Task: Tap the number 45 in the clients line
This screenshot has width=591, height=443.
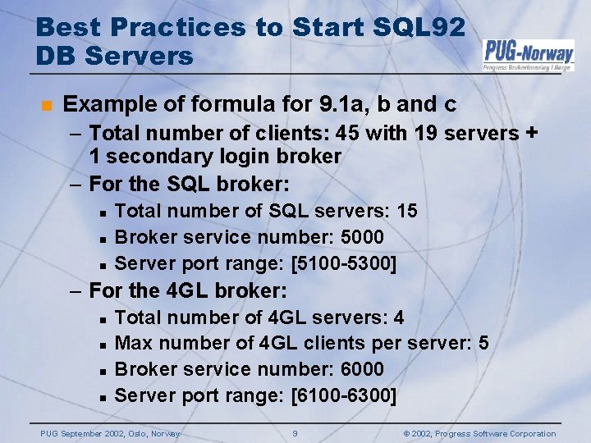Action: tap(348, 133)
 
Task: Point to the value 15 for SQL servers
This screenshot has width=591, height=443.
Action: tap(406, 212)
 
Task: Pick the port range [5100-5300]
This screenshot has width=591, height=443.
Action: tap(344, 263)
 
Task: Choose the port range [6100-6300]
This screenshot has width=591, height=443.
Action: tap(344, 395)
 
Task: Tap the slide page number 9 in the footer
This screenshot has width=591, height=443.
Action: tap(295, 433)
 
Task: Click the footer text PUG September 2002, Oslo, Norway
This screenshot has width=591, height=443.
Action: tap(111, 433)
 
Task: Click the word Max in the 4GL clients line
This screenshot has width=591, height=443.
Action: tap(134, 343)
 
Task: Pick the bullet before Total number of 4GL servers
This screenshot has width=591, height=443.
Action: tap(103, 318)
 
